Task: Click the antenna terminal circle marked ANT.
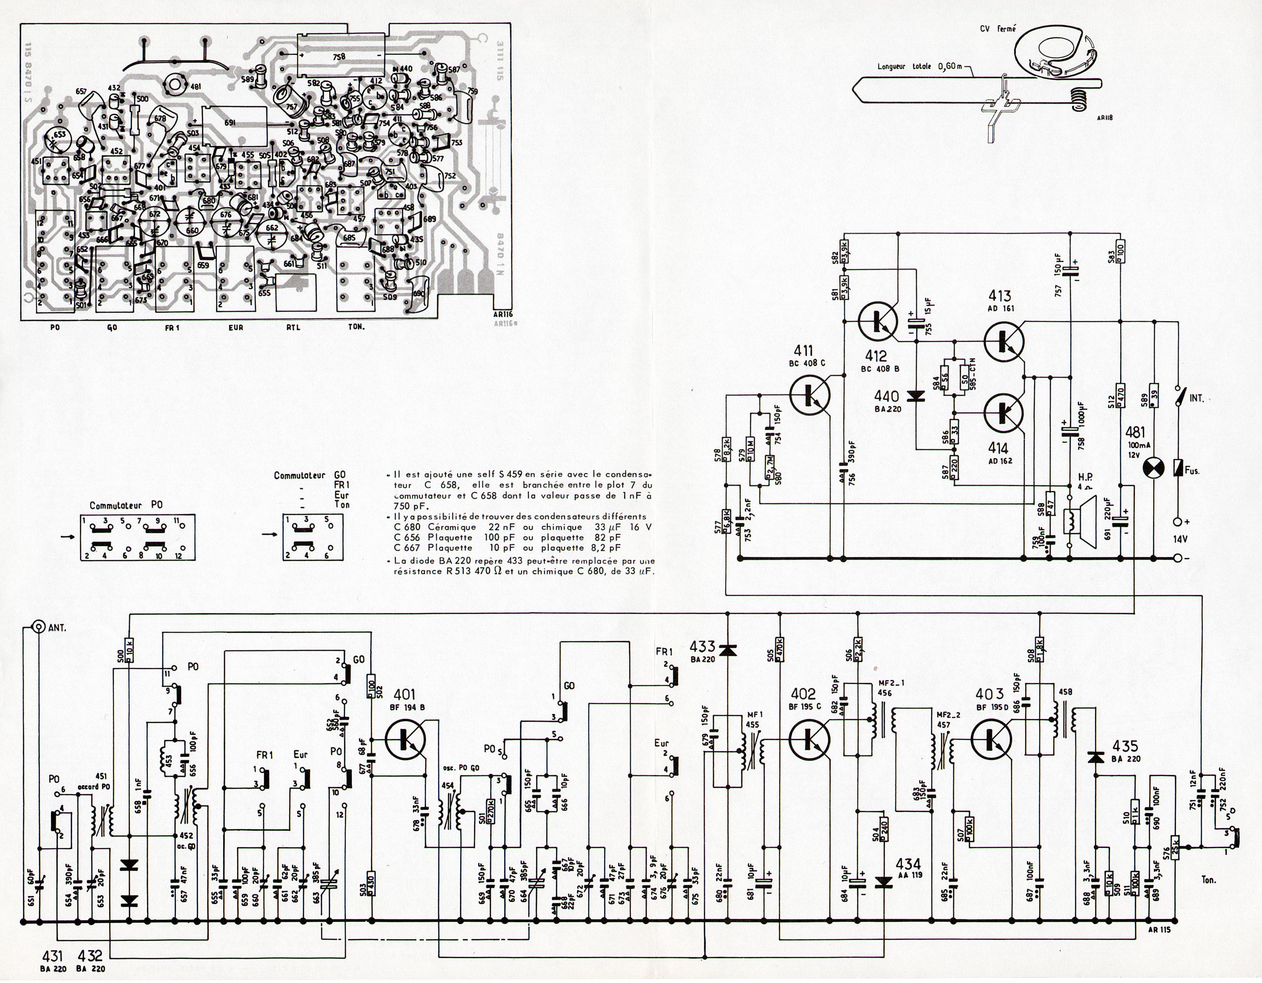[39, 626]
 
